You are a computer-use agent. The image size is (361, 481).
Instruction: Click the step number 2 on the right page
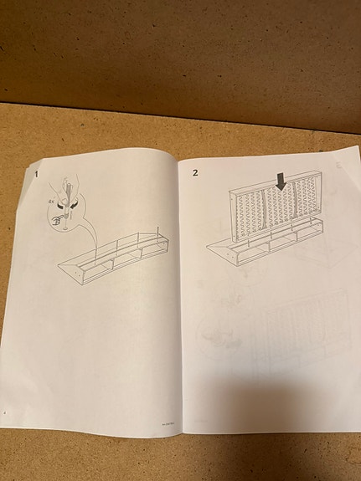point(196,172)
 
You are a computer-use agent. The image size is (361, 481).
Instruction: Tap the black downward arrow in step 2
point(281,179)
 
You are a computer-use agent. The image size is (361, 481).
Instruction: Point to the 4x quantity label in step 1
point(53,202)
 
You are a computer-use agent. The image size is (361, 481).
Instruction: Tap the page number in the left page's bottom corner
point(7,412)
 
